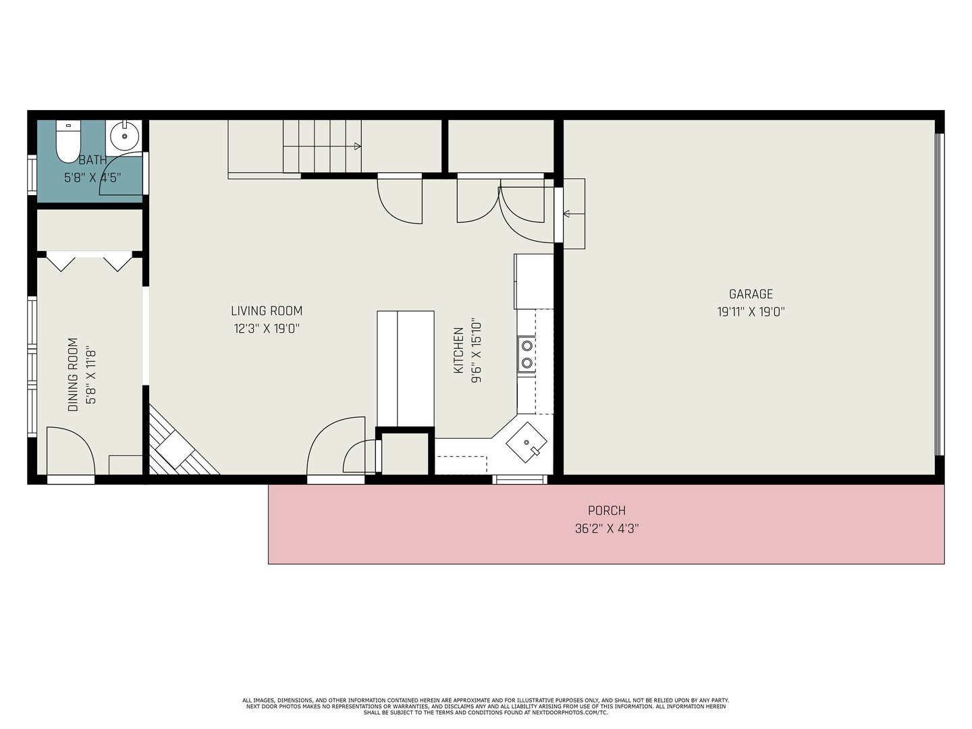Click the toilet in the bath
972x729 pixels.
tap(68, 141)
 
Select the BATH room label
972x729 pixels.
tap(92, 160)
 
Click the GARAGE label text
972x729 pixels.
tap(751, 294)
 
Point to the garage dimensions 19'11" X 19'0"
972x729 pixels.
tap(751, 312)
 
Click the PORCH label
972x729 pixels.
tap(607, 510)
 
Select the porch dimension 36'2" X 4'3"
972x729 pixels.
tap(607, 529)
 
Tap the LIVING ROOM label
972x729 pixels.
tap(267, 310)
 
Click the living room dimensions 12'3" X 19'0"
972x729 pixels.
tap(267, 329)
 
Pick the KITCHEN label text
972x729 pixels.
tap(458, 350)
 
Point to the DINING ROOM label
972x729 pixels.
tap(73, 375)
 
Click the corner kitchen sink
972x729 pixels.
tap(526, 442)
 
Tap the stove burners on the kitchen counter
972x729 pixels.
tap(526, 354)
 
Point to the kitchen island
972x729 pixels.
tap(405, 369)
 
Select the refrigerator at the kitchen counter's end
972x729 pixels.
tap(534, 281)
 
